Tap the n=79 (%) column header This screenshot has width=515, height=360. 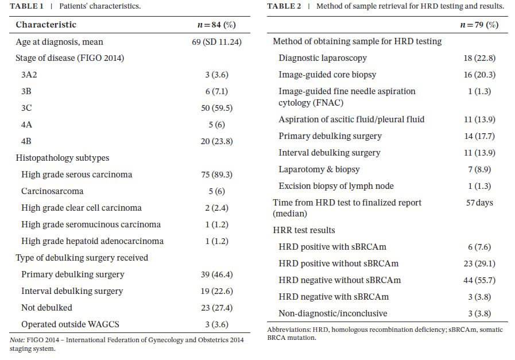coord(479,25)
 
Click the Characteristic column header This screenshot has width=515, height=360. coord(46,25)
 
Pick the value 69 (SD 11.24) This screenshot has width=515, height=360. coord(213,42)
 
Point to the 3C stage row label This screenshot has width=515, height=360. coord(27,108)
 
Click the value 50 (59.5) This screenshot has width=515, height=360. coord(213,108)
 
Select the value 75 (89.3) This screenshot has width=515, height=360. coord(213,175)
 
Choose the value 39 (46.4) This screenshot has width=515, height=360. coord(213,274)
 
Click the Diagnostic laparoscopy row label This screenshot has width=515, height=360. coord(323,58)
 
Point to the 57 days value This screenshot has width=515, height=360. coord(479,203)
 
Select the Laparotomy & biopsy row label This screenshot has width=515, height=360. coord(319,169)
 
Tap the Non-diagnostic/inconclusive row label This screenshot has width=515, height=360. coord(333,313)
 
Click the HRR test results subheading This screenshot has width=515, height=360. coord(304,230)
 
